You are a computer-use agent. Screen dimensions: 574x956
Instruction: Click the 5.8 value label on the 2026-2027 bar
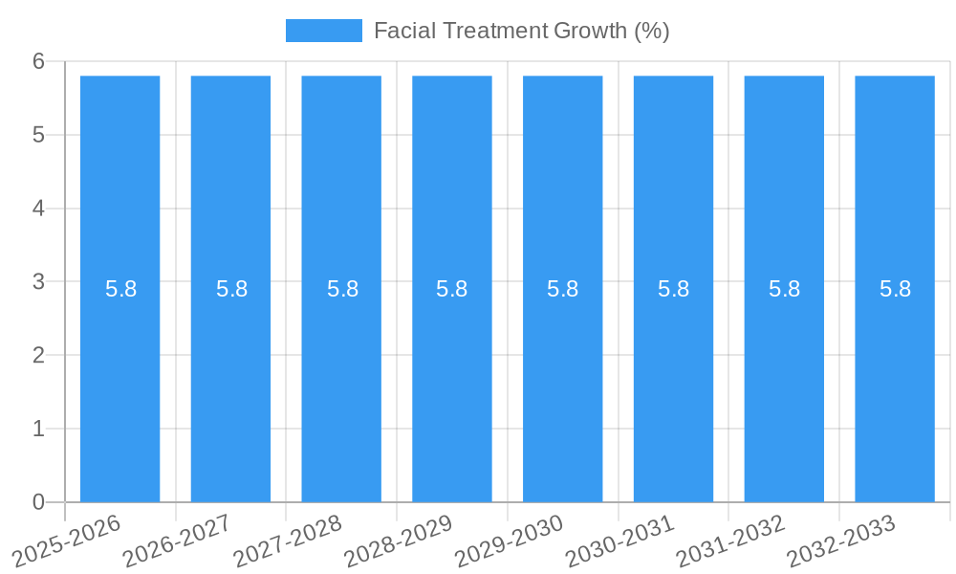click(231, 289)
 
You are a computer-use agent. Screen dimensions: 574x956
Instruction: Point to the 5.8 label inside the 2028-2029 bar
click(451, 289)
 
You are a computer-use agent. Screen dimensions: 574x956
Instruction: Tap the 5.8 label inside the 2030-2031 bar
click(673, 289)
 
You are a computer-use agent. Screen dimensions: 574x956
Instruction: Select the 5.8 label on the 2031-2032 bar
click(784, 289)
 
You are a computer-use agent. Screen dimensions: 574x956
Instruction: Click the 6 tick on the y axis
click(38, 61)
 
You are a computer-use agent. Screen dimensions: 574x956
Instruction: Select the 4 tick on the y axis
click(38, 209)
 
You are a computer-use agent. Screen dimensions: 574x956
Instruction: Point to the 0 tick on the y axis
click(38, 502)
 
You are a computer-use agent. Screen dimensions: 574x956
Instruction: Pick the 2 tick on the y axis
click(38, 355)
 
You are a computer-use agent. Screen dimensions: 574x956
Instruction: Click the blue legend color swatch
click(324, 31)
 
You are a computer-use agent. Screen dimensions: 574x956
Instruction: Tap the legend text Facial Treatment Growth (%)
click(521, 31)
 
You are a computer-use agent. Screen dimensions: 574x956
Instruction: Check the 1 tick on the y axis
click(38, 429)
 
